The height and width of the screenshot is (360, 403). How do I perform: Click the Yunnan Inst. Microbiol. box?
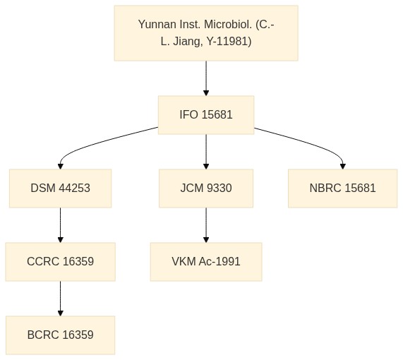tap(206, 33)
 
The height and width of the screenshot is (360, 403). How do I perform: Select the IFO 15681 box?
tap(206, 115)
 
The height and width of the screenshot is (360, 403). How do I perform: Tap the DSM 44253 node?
tap(61, 188)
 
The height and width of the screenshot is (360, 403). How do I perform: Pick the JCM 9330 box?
tap(206, 188)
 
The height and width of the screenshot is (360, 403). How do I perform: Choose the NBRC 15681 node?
tap(342, 188)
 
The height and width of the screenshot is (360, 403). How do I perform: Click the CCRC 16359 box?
tap(61, 261)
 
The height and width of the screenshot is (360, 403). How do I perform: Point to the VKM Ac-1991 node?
tap(206, 261)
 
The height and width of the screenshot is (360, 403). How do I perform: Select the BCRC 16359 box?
tap(61, 335)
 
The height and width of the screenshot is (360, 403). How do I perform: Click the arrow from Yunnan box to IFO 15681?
tap(206, 78)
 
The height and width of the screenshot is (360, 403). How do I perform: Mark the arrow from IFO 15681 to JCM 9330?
tap(206, 152)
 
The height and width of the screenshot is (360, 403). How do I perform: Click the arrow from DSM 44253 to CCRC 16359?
tap(61, 225)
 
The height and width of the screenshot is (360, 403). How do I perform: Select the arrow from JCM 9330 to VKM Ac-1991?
tap(206, 225)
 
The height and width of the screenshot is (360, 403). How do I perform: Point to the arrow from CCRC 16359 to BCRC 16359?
tap(61, 299)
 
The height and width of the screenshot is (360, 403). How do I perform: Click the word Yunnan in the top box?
tap(157, 25)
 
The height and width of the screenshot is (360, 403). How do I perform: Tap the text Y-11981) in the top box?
tap(229, 42)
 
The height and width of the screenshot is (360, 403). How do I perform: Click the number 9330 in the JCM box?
tap(219, 188)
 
